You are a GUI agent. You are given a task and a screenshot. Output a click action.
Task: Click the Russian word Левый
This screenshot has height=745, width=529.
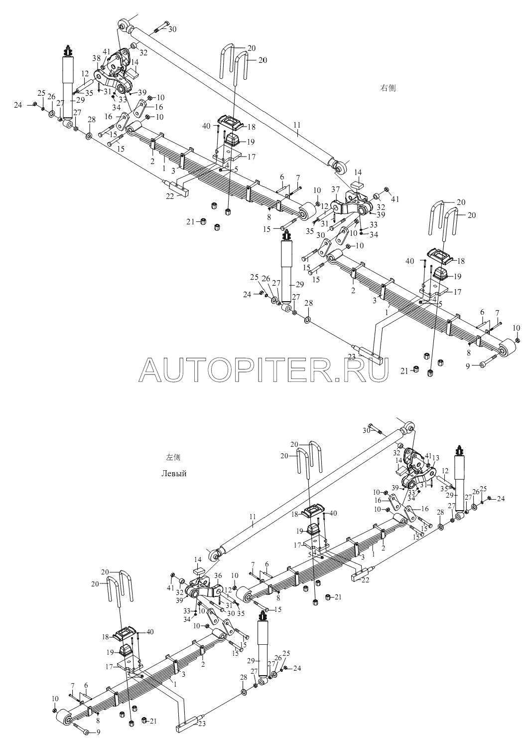(174, 473)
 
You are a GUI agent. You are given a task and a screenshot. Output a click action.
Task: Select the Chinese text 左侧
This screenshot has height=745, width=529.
(173, 457)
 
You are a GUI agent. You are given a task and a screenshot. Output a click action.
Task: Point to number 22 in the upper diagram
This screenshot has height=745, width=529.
(171, 196)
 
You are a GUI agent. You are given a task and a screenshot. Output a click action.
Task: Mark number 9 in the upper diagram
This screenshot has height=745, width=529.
(467, 365)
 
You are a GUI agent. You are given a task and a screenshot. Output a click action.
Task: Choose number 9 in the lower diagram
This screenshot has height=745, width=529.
(98, 732)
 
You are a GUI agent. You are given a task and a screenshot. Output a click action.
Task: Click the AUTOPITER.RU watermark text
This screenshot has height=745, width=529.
(264, 370)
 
